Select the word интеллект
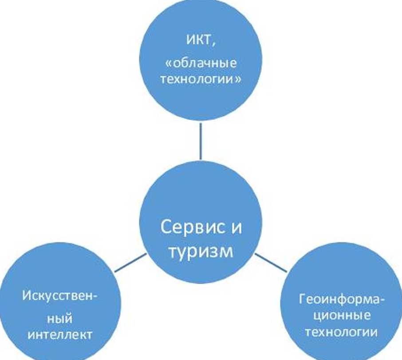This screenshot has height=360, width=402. pos(60,334)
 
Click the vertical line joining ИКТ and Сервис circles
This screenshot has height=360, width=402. pos(201,141)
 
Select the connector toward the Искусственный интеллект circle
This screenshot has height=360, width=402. pos(130,262)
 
